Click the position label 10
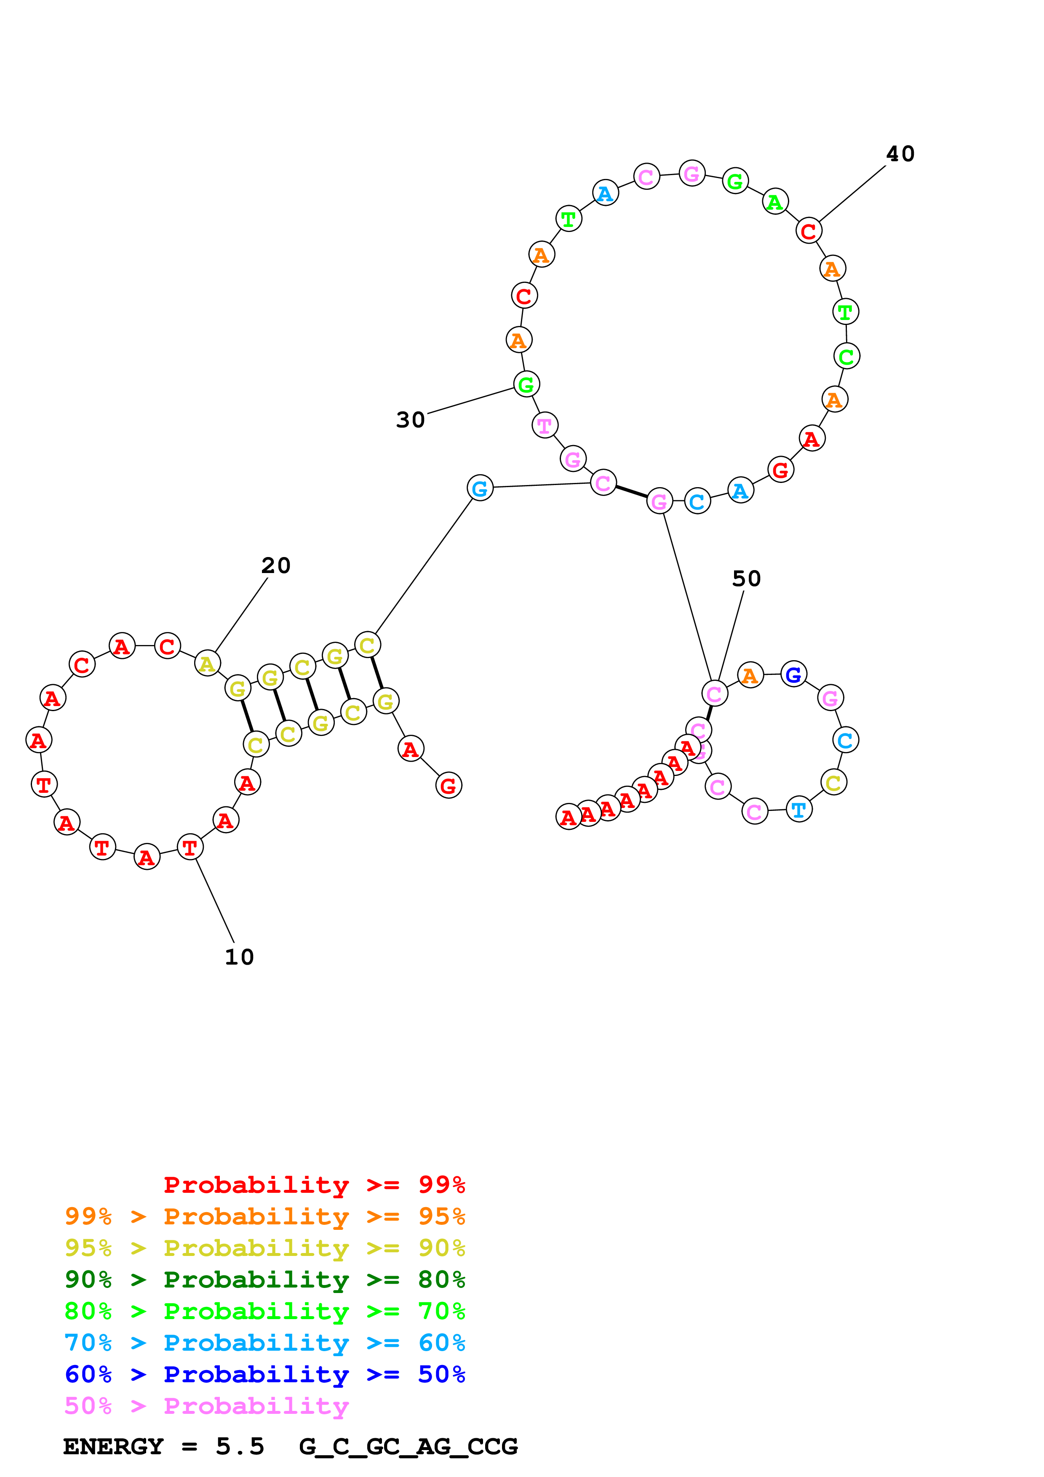(x=239, y=957)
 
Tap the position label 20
(x=276, y=565)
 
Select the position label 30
(x=410, y=420)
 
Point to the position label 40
(x=900, y=154)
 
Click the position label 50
(x=746, y=579)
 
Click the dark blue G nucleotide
(x=794, y=674)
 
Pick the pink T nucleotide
(x=545, y=425)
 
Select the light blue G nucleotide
(x=480, y=488)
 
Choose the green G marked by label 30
(x=526, y=385)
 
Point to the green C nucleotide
(x=846, y=356)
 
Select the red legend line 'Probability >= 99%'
(x=314, y=1184)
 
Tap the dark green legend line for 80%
(x=265, y=1280)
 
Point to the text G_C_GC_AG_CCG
(x=409, y=1446)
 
